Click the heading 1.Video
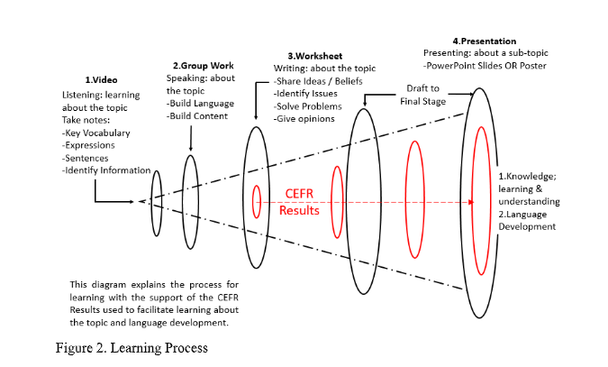coord(102,80)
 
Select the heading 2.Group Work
coord(204,65)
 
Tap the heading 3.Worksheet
coord(314,56)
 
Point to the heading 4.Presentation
coord(484,41)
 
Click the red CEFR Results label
coord(299,202)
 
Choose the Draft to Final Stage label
coord(421,95)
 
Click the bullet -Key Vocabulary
coord(96,133)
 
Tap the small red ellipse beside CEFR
coord(257,200)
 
